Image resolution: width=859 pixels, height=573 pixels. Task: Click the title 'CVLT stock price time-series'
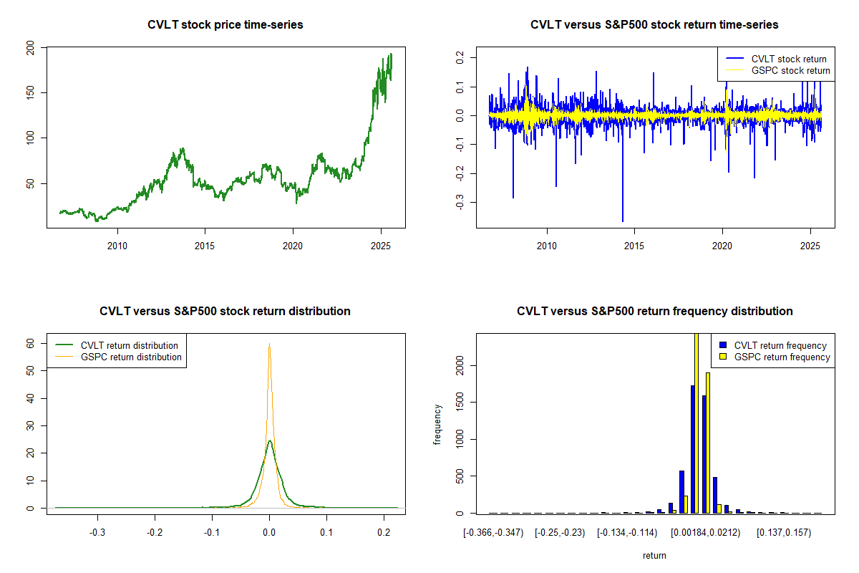pos(225,25)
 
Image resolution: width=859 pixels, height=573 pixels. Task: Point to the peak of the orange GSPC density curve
pos(269,345)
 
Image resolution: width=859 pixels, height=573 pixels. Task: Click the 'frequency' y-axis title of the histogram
pos(437,424)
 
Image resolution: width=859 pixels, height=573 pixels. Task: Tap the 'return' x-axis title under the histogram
pos(654,555)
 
